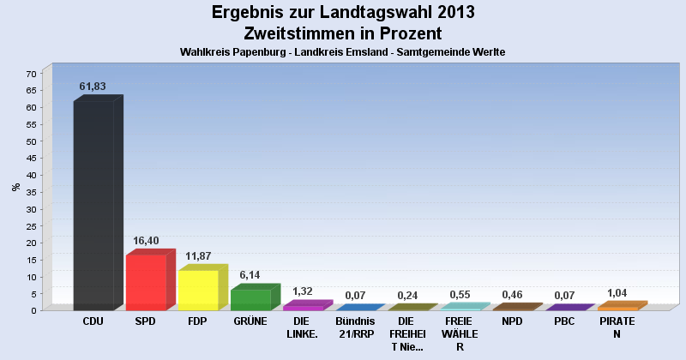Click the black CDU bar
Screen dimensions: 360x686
tap(93, 206)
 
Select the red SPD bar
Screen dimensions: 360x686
tap(146, 283)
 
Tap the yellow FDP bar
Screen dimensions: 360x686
tap(198, 291)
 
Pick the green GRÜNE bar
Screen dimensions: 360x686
tap(250, 300)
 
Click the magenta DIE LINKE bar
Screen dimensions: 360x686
tap(303, 307)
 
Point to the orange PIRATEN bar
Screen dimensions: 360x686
tap(617, 308)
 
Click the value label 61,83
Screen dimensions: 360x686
tap(93, 87)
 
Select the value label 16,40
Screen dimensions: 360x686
tap(146, 241)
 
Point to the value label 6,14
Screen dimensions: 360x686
tap(250, 275)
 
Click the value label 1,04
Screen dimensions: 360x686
tap(617, 293)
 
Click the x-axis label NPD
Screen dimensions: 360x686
tap(512, 321)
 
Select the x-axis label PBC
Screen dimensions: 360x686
tap(564, 321)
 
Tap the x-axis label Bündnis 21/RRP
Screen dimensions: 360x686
tap(355, 327)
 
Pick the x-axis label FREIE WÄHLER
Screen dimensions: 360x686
tap(460, 333)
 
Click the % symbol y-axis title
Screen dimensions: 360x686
tap(15, 186)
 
